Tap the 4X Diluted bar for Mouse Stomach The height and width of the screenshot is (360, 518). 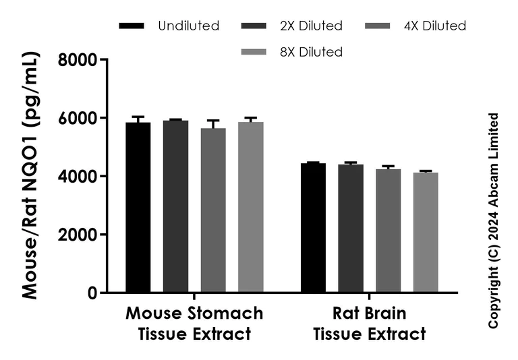tap(213, 210)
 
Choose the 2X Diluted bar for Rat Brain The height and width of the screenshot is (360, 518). tap(351, 229)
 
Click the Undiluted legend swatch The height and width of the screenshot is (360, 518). tap(132, 26)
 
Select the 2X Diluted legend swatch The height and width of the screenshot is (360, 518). tap(254, 26)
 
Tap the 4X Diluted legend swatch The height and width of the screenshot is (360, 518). tap(377, 26)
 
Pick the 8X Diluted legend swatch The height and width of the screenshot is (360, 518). tap(254, 52)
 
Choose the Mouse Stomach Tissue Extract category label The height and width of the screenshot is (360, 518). tap(194, 324)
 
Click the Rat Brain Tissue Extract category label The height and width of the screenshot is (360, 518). tap(370, 324)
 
